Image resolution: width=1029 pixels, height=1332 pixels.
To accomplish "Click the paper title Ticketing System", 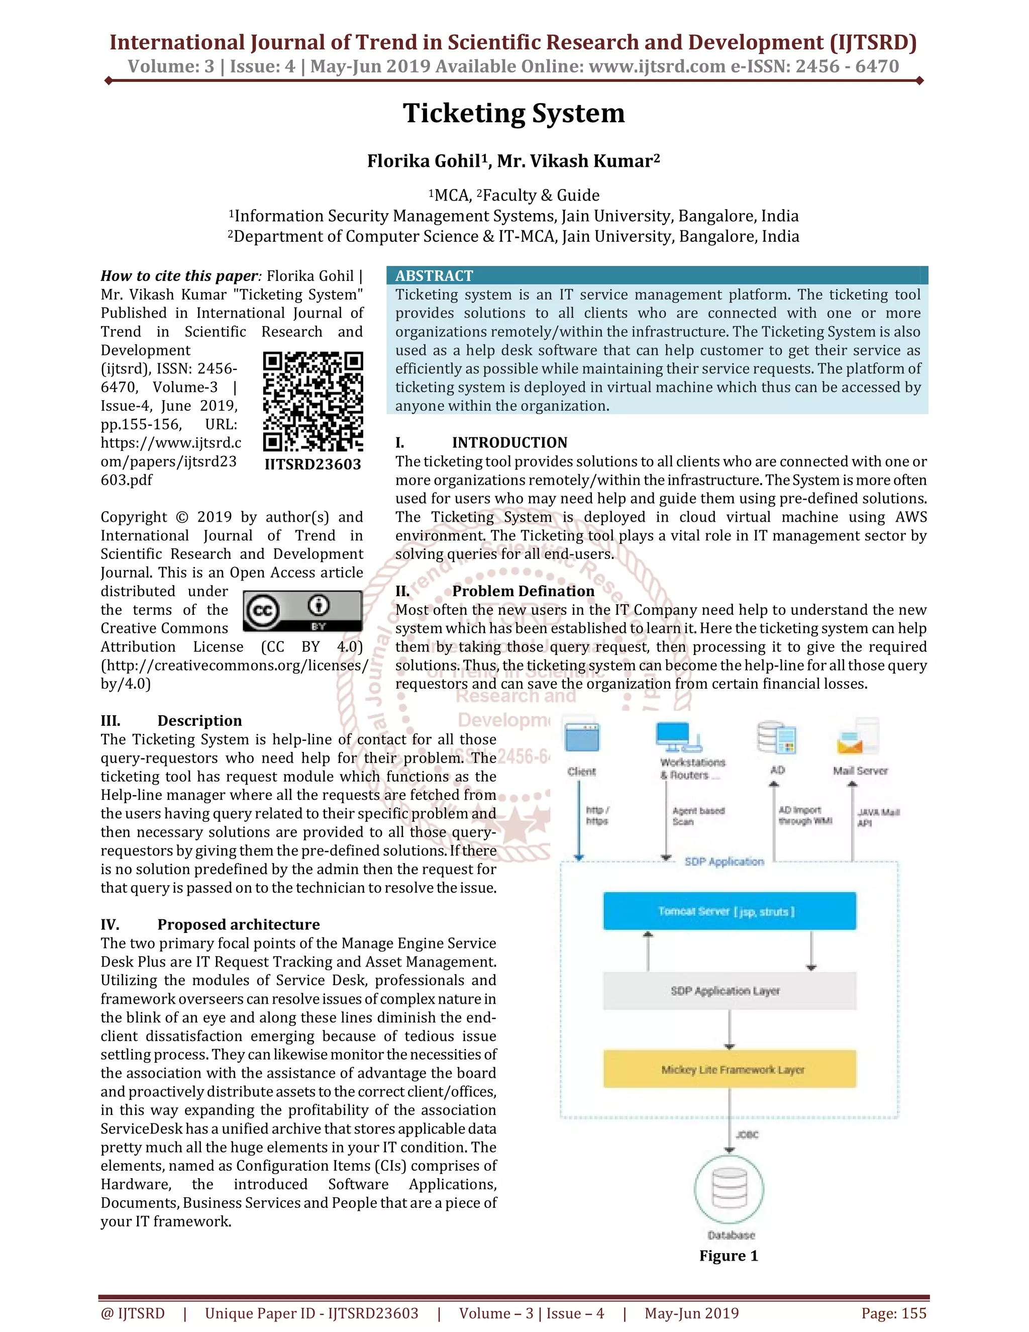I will [513, 114].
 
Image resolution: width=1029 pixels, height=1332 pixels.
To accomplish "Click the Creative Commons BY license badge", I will [302, 611].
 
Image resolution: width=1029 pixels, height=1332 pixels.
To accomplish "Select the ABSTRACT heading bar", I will [657, 275].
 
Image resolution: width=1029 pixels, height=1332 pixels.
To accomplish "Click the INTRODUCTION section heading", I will [509, 443].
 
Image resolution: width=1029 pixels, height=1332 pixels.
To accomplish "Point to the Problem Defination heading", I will [523, 591].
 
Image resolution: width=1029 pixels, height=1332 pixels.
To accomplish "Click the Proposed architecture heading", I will [238, 924].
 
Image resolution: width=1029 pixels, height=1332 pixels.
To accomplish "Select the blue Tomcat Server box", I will [729, 911].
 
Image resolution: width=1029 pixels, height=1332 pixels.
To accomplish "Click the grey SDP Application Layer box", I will [729, 991].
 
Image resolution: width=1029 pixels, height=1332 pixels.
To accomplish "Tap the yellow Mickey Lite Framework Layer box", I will [729, 1069].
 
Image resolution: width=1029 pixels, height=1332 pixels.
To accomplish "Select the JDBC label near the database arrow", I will [747, 1135].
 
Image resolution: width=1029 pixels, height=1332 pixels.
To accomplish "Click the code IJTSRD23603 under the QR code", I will [313, 465].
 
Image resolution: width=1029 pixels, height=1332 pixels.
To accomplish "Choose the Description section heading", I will [199, 721].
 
